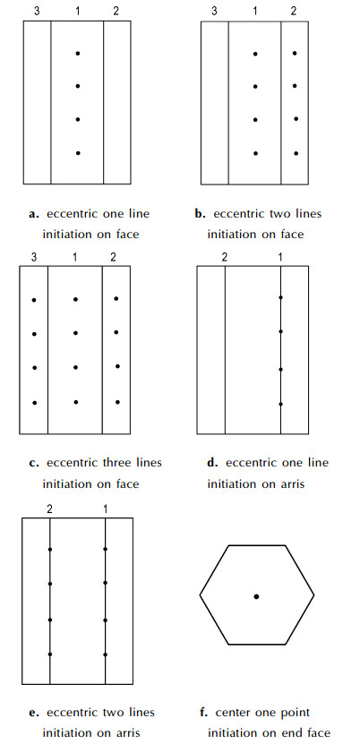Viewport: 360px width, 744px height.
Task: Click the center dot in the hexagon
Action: pos(257,596)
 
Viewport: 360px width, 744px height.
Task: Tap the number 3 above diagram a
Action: pos(37,11)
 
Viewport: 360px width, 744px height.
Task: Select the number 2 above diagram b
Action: pos(294,11)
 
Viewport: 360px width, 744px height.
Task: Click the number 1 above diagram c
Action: pos(75,257)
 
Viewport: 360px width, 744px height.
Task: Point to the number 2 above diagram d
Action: pos(225,257)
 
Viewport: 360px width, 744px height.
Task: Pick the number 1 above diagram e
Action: pos(106,509)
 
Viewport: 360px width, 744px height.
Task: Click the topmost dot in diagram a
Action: pos(78,54)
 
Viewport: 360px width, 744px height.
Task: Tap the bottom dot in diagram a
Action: pos(78,153)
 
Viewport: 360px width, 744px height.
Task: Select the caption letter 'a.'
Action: pos(33,214)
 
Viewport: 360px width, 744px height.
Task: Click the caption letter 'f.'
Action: pos(205,712)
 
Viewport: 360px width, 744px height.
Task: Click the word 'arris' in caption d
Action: pos(290,484)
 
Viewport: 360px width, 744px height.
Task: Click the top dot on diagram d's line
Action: pos(281,297)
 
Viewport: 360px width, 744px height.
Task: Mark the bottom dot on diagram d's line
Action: pos(281,405)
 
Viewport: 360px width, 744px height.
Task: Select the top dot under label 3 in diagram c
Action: pos(34,300)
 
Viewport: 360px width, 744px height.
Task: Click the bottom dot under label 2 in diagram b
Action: pos(296,153)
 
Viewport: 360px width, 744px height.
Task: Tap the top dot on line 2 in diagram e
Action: pos(50,550)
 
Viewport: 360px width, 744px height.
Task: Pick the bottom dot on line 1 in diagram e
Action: pos(106,654)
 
